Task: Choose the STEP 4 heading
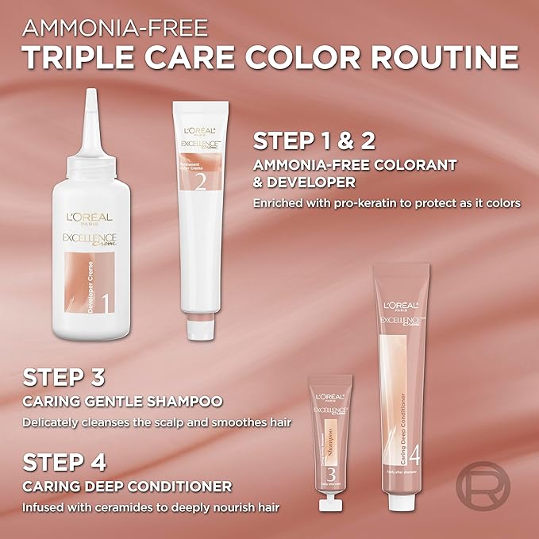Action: (64, 460)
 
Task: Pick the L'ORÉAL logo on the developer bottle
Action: (89, 217)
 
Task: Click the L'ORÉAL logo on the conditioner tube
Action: (402, 306)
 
